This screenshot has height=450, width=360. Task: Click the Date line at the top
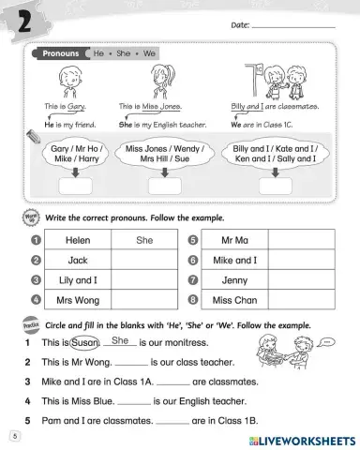[292, 25]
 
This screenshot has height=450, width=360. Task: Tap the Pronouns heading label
[60, 54]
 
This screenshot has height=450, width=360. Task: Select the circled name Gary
[65, 108]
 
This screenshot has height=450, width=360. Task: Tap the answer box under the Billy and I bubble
[273, 186]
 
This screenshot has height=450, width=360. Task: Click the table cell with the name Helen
[78, 240]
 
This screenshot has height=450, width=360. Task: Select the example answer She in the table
[144, 240]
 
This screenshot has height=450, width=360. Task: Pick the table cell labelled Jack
[78, 260]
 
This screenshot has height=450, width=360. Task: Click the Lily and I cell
[78, 279]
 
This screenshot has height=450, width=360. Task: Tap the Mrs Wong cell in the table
[78, 299]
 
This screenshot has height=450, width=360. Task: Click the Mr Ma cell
[234, 240]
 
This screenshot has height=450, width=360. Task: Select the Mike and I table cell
[234, 260]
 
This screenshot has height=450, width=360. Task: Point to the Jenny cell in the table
[234, 279]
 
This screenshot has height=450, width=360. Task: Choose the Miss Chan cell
[234, 299]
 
